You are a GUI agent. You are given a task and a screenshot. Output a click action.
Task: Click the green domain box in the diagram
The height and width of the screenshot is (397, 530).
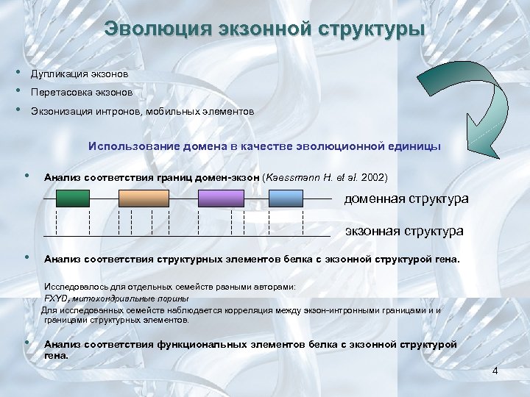(72, 198)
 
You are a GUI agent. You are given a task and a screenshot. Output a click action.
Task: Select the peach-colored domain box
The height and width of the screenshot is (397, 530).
(144, 198)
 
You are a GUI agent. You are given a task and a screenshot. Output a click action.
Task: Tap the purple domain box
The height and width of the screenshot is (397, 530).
(221, 198)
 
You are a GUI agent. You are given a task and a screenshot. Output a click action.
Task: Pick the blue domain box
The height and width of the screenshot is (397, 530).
(286, 198)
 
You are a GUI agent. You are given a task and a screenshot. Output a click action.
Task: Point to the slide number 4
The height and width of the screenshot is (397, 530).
(495, 371)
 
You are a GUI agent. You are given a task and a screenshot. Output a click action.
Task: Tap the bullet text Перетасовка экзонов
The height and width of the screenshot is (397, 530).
(82, 93)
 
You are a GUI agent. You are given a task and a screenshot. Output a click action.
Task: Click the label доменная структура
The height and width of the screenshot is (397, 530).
(406, 199)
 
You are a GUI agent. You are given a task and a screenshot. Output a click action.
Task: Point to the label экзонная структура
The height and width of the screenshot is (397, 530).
(404, 231)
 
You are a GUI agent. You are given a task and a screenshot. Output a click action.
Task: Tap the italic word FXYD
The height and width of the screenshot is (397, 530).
(56, 298)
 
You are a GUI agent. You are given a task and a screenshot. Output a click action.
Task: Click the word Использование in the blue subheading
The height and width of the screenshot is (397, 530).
(124, 146)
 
